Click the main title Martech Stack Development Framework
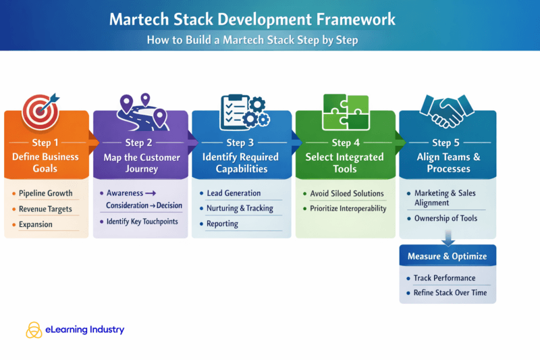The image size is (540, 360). coord(252,19)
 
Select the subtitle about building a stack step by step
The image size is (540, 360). coord(252,40)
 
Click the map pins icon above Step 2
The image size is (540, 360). coord(142,112)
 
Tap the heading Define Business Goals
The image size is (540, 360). coord(45,162)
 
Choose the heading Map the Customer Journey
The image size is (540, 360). coord(142,162)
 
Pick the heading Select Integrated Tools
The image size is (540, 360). coord(345,162)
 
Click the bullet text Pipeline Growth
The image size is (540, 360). coord(45,193)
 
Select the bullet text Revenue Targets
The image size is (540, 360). coord(45,209)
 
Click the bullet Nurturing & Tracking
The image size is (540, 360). coord(240,208)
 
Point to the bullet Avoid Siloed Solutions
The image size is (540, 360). coord(347,193)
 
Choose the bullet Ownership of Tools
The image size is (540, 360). coord(446,218)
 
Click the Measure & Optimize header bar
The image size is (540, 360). coord(447,257)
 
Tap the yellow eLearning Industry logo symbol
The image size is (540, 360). coord(34,330)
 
